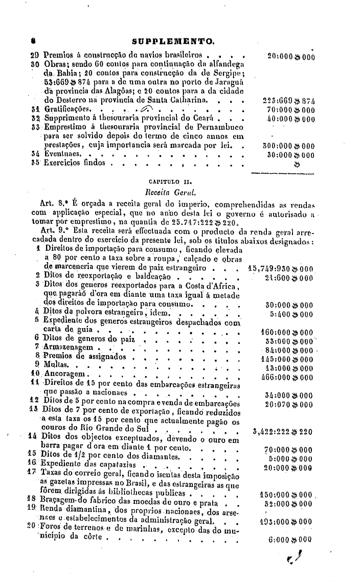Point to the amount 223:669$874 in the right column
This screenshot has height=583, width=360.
click(285, 99)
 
